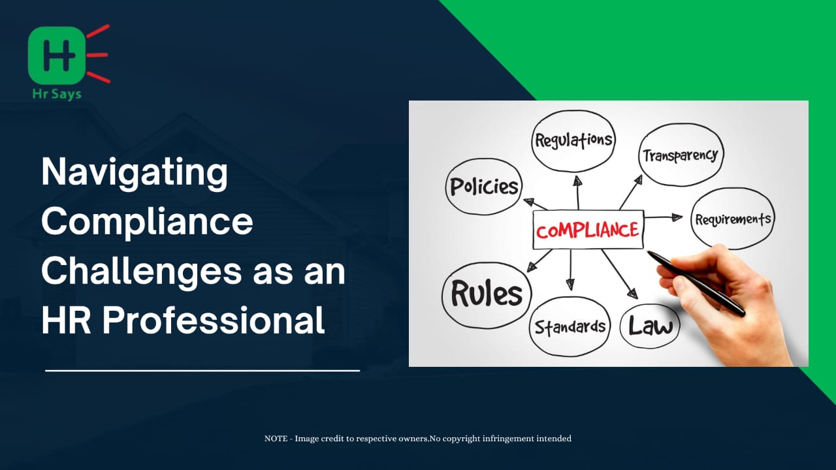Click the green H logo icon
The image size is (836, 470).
57,55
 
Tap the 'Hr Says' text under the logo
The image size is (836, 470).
57,93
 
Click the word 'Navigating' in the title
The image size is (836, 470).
135,173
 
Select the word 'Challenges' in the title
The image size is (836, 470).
142,272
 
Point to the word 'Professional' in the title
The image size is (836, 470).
213,320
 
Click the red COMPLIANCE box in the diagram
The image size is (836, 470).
588,229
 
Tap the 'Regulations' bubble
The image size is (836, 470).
573,141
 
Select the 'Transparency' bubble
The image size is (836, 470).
681,155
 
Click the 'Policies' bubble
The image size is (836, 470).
484,187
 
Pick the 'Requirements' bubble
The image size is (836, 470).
733,219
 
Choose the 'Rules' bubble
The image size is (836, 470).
487,294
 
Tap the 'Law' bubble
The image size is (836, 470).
650,326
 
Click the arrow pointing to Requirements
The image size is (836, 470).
663,217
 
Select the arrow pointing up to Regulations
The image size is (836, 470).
578,193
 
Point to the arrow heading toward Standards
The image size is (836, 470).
570,270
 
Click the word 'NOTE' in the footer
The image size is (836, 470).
276,439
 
